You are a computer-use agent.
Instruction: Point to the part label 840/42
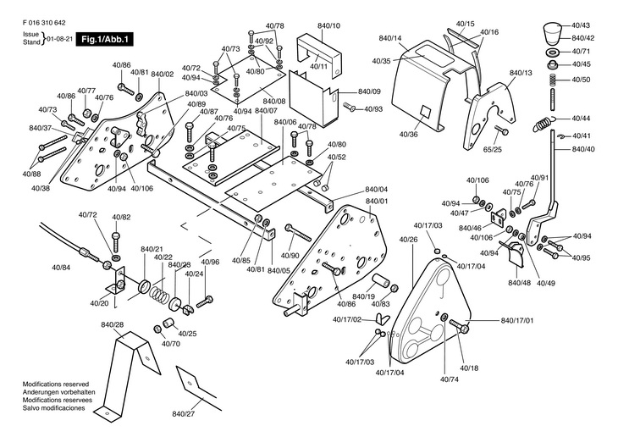(583, 39)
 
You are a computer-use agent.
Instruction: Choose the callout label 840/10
(329, 26)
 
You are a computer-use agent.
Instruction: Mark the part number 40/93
(373, 108)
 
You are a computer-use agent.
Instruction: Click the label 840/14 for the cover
(390, 39)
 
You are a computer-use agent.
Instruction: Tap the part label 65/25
(493, 149)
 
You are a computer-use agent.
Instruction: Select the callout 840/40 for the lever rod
(583, 149)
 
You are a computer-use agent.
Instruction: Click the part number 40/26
(407, 240)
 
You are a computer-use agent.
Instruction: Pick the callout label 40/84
(61, 268)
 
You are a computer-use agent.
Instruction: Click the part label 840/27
(184, 413)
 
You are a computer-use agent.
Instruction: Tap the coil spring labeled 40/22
(157, 292)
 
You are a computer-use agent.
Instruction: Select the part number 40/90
(289, 256)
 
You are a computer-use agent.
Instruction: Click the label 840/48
(519, 282)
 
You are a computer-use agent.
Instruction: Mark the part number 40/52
(336, 157)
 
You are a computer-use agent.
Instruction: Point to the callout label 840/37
(41, 128)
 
